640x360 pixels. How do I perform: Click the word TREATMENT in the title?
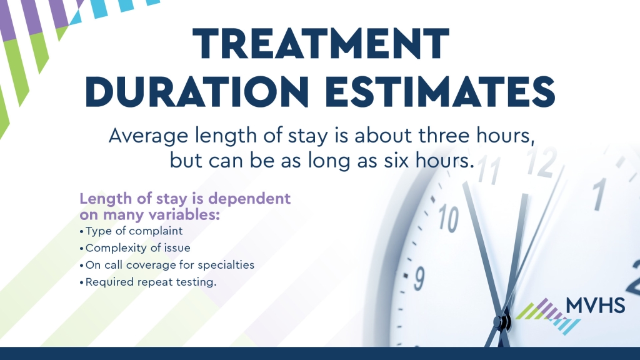coord(321,44)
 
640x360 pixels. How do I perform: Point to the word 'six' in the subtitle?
coord(396,160)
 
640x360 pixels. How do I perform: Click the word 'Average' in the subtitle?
coord(148,136)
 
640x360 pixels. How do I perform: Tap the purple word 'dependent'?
coord(249,199)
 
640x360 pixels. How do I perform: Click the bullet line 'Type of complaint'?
coord(131,231)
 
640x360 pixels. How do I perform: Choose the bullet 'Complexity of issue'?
coord(135,248)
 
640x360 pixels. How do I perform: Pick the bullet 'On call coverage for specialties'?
coord(167,265)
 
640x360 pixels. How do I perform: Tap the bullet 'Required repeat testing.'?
coord(148,282)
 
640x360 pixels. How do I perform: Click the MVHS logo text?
coord(596,306)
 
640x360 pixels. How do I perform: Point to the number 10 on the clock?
coord(449,218)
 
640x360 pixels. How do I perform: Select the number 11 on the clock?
coord(489,169)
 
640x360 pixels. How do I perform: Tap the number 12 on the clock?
coord(542,162)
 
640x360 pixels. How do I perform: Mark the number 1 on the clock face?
coord(599,194)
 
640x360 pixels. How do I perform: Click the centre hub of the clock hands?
coord(503,322)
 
